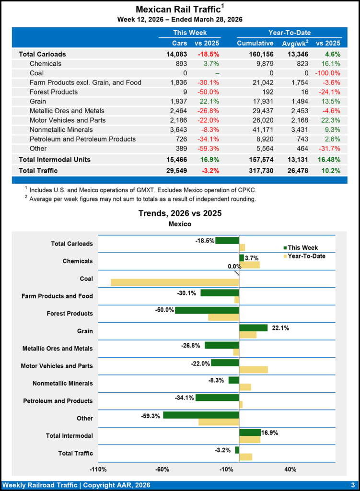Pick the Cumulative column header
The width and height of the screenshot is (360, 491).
point(255,43)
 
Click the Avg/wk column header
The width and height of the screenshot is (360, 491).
point(294,43)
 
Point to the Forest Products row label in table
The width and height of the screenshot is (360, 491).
point(53,92)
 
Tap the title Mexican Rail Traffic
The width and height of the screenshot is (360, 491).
point(178,10)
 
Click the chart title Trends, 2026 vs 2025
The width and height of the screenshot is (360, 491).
point(180,213)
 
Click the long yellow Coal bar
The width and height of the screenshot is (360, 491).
point(174,282)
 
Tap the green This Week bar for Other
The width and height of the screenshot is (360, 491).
point(201,415)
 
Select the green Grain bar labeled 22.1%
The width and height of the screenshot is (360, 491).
point(253,327)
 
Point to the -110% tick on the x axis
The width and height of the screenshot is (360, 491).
point(98,469)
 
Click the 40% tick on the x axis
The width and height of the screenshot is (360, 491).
point(290,469)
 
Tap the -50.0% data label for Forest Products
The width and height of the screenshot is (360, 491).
point(164,310)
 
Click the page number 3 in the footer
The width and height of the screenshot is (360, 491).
point(352,485)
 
